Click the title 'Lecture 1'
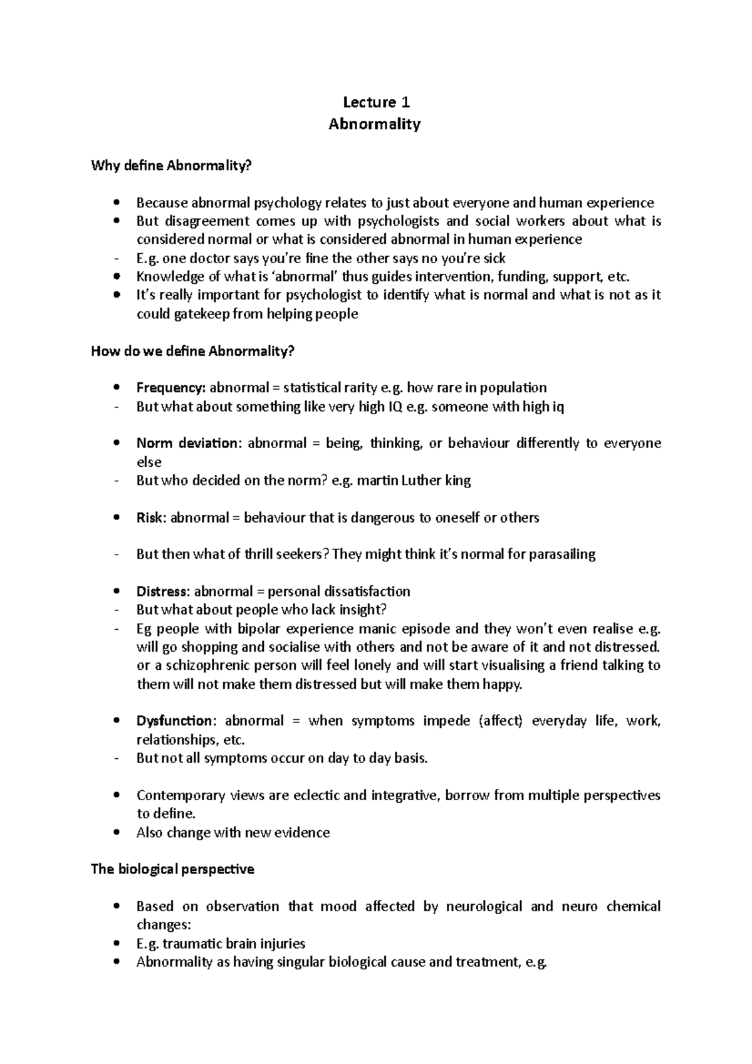click(375, 102)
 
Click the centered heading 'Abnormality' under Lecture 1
click(375, 124)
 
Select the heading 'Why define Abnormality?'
click(172, 165)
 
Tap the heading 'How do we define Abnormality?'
click(192, 351)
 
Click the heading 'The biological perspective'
click(172, 869)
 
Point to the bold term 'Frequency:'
click(171, 388)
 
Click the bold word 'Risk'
click(150, 518)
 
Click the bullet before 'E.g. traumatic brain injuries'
click(117, 944)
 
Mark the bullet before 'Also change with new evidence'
click(117, 833)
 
